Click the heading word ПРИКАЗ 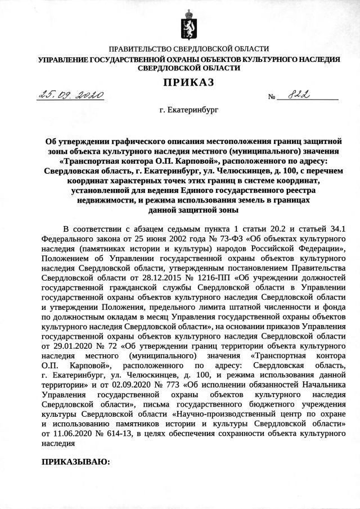188,83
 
